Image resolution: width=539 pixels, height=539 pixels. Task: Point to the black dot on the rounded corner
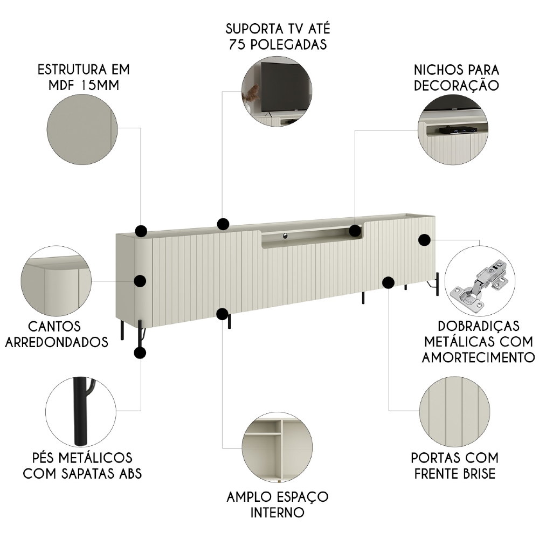pyautogui.click(x=140, y=281)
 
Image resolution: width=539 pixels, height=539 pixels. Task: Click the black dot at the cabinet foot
pyautogui.click(x=140, y=353)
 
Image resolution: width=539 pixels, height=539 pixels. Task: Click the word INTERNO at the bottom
pyautogui.click(x=277, y=511)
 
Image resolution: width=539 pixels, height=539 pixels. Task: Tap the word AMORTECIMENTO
pyautogui.click(x=478, y=357)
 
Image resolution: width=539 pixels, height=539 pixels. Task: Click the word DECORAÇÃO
pyautogui.click(x=456, y=85)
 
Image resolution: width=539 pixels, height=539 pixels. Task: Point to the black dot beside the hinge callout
pyautogui.click(x=424, y=240)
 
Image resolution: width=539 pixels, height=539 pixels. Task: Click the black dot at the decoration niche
pyautogui.click(x=355, y=231)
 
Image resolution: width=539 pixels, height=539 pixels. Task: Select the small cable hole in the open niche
pyautogui.click(x=284, y=235)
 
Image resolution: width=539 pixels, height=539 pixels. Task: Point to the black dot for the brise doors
pyautogui.click(x=388, y=282)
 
